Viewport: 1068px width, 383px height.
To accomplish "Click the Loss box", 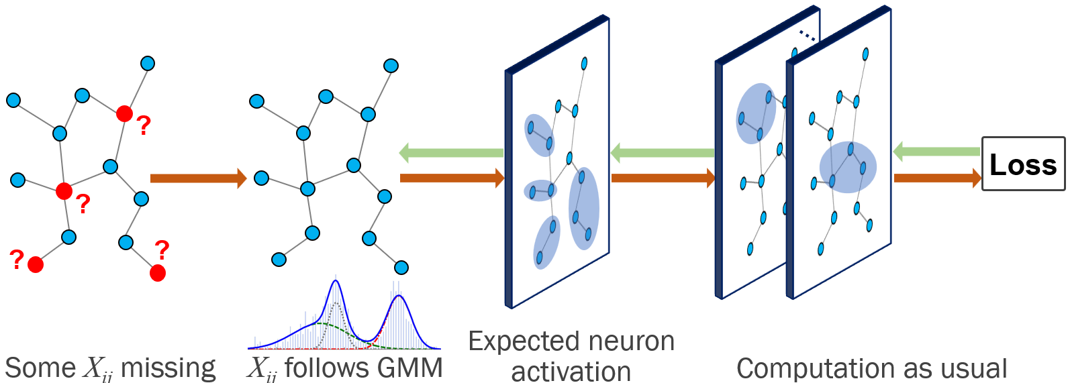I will [x=1023, y=164].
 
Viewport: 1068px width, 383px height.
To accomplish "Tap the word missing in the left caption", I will [x=168, y=368].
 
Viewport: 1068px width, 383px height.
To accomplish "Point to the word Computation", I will [x=804, y=368].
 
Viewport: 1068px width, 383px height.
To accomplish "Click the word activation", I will [x=571, y=371].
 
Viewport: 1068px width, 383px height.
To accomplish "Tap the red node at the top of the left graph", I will [x=124, y=113].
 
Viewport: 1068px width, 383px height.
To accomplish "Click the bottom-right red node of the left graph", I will [x=158, y=272].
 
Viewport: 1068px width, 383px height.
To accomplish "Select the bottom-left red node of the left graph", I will [x=36, y=265].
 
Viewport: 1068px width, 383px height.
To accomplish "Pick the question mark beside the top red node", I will [x=144, y=125].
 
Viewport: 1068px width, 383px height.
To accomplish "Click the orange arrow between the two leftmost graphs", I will [x=198, y=178].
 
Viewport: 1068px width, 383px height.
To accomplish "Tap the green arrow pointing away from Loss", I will [x=936, y=152].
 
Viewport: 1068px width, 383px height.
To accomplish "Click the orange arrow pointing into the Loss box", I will [x=937, y=178].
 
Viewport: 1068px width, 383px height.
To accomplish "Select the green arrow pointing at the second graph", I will [x=451, y=153].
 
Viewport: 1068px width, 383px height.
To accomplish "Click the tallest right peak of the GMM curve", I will [x=399, y=296].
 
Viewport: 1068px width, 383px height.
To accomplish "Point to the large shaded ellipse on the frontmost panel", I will [x=848, y=167].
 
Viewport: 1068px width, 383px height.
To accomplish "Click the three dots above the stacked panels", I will [x=807, y=35].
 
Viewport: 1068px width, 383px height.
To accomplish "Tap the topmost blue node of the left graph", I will [x=148, y=64].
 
